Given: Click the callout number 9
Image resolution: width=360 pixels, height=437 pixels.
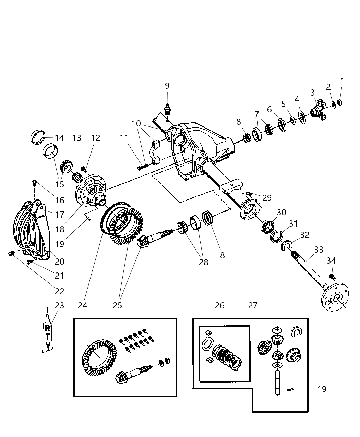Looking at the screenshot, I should [167, 86].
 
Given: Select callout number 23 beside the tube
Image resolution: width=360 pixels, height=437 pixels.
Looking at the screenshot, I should [59, 305].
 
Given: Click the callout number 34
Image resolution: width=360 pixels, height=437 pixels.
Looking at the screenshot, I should [331, 261].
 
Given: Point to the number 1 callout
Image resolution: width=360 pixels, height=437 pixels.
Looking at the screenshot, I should [342, 81].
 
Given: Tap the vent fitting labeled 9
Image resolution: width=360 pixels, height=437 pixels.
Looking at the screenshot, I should [167, 109].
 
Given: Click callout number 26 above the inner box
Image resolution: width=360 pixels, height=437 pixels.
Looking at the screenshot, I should [219, 305].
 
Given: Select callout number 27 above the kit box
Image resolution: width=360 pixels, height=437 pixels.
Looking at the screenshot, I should [253, 305].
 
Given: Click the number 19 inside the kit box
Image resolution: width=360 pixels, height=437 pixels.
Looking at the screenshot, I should [322, 389].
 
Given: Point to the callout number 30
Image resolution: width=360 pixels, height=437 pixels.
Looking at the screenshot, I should [281, 213].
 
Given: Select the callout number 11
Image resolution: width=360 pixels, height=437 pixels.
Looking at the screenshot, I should [124, 138].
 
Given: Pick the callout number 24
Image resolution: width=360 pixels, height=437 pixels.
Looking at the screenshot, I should [83, 305].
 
